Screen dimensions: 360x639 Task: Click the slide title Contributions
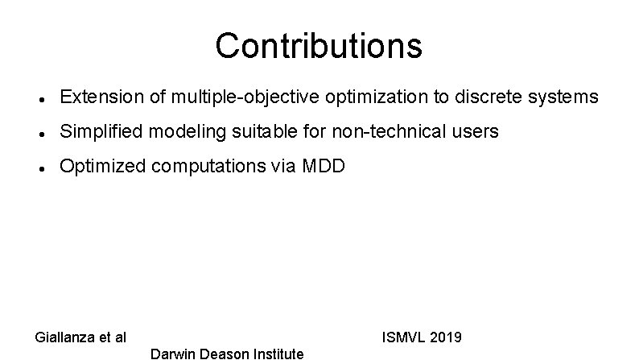[x=318, y=46]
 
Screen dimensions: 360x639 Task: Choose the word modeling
[x=179, y=131]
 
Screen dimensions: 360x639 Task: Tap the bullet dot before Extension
[x=40, y=99]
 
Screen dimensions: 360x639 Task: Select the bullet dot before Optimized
[x=40, y=168]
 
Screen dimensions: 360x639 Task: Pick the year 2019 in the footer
[x=445, y=337]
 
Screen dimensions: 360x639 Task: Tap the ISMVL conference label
[x=402, y=337]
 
